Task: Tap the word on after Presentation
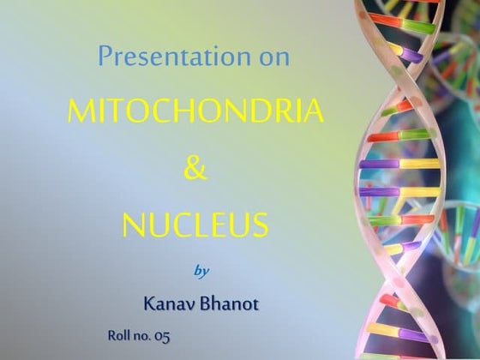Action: pos(273,57)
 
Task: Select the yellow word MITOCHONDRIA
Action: pos(195,111)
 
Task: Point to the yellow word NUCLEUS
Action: pos(195,225)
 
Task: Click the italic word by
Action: pos(202,271)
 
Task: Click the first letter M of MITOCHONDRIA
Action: pos(80,111)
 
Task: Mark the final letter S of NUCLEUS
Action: pos(260,225)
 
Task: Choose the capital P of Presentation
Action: pos(105,57)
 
